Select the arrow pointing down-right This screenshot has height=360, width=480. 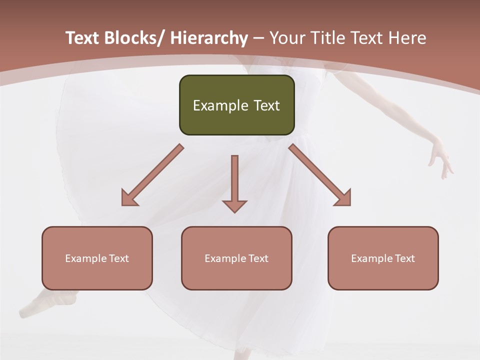pos(320,175)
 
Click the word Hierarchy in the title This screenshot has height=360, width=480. pos(208,38)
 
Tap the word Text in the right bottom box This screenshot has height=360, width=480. pos(404,258)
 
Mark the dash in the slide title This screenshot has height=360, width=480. pos(258,38)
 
